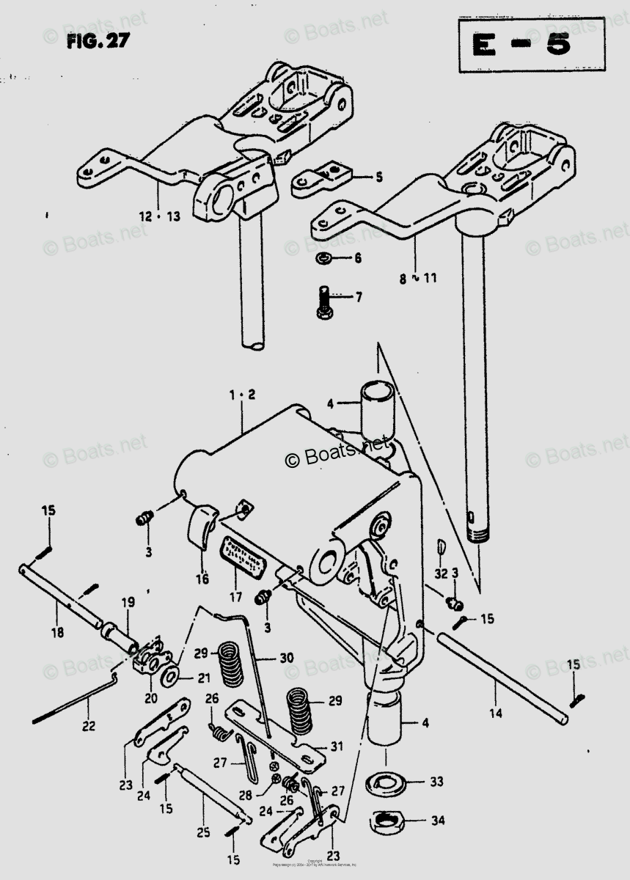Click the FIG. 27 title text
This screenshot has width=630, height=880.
pyautogui.click(x=98, y=41)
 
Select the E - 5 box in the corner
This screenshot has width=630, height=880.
pyautogui.click(x=532, y=45)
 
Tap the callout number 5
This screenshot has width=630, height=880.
pyautogui.click(x=378, y=177)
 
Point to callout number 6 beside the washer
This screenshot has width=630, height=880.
pyautogui.click(x=357, y=258)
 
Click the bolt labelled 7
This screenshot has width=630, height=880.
pyautogui.click(x=323, y=301)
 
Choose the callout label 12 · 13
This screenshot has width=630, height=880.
pyautogui.click(x=158, y=216)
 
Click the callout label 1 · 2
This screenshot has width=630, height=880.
pyautogui.click(x=241, y=395)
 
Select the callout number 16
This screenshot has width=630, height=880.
pyautogui.click(x=202, y=579)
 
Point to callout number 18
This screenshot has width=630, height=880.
pyautogui.click(x=56, y=632)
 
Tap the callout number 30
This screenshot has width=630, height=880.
pyautogui.click(x=285, y=658)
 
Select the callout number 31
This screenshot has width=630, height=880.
pyautogui.click(x=336, y=747)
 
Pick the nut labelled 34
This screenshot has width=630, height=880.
pyautogui.click(x=387, y=819)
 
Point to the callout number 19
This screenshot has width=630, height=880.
pyautogui.click(x=128, y=603)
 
